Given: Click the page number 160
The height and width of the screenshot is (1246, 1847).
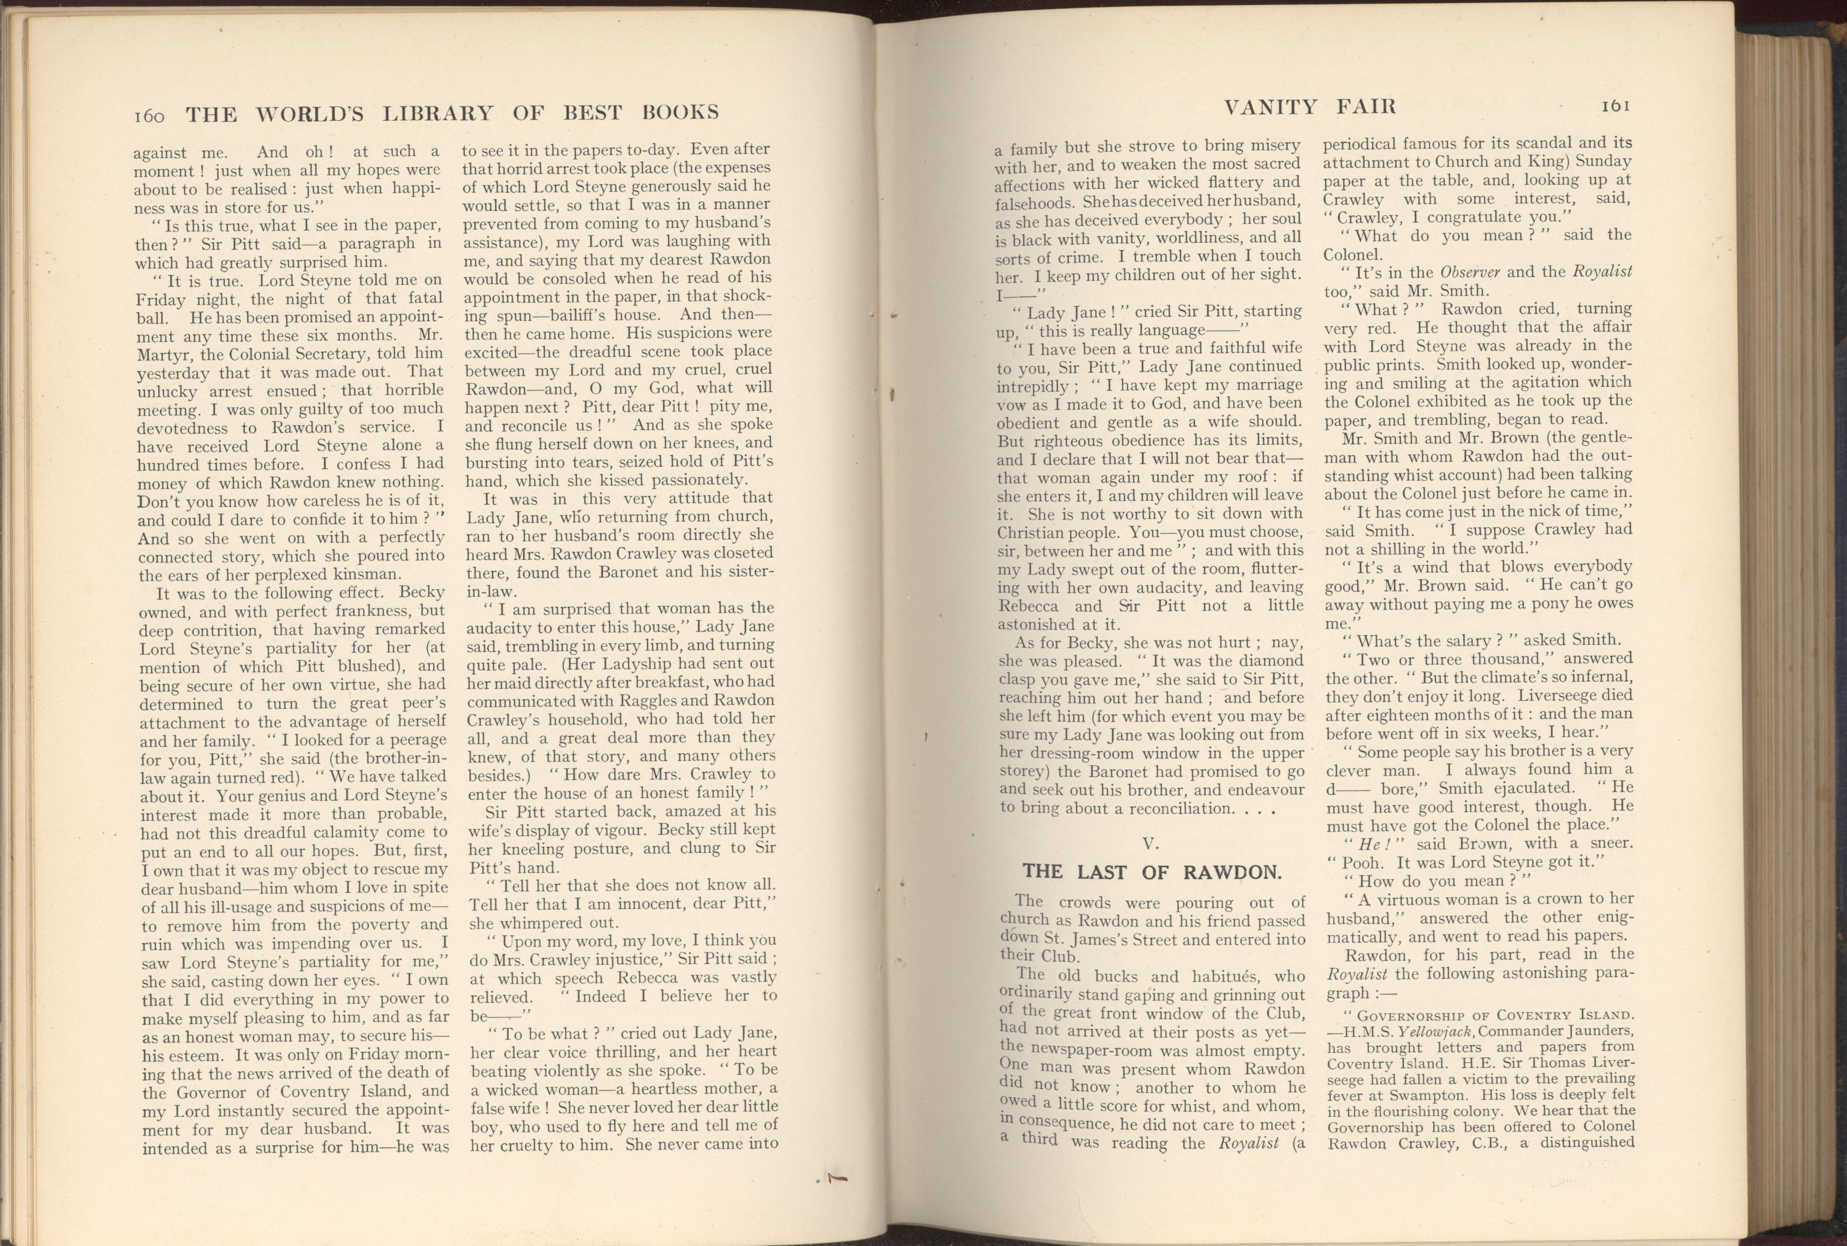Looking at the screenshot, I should point(148,116).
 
